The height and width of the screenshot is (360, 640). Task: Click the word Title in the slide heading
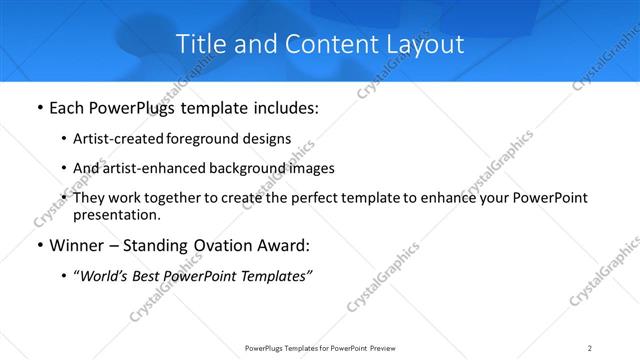tap(198, 44)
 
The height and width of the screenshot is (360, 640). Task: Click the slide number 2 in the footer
tap(589, 347)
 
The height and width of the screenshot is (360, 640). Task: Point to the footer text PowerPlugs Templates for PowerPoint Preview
tap(319, 347)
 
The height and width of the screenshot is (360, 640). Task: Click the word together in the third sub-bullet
tap(171, 198)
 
